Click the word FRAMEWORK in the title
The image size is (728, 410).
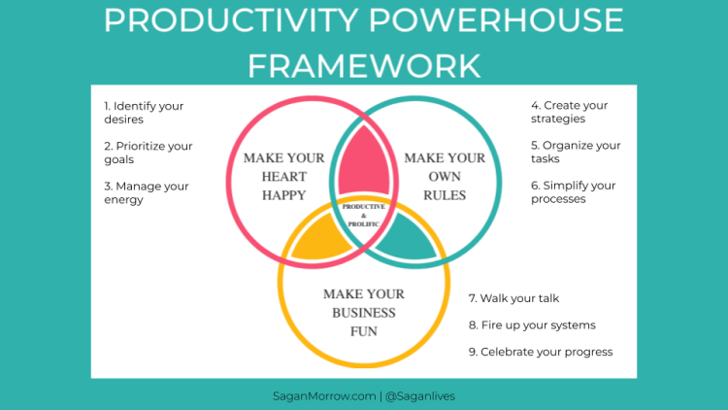(364, 65)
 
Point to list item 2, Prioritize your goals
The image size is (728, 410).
(149, 153)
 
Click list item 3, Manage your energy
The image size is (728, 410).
(146, 192)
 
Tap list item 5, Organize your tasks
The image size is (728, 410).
(576, 153)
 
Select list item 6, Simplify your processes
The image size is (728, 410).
(573, 192)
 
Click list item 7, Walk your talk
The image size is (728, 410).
(513, 298)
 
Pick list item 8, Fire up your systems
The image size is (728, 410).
(532, 325)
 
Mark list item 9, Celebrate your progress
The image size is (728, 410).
(540, 352)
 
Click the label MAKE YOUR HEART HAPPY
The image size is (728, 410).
(283, 176)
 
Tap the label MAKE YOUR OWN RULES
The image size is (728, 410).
(445, 176)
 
